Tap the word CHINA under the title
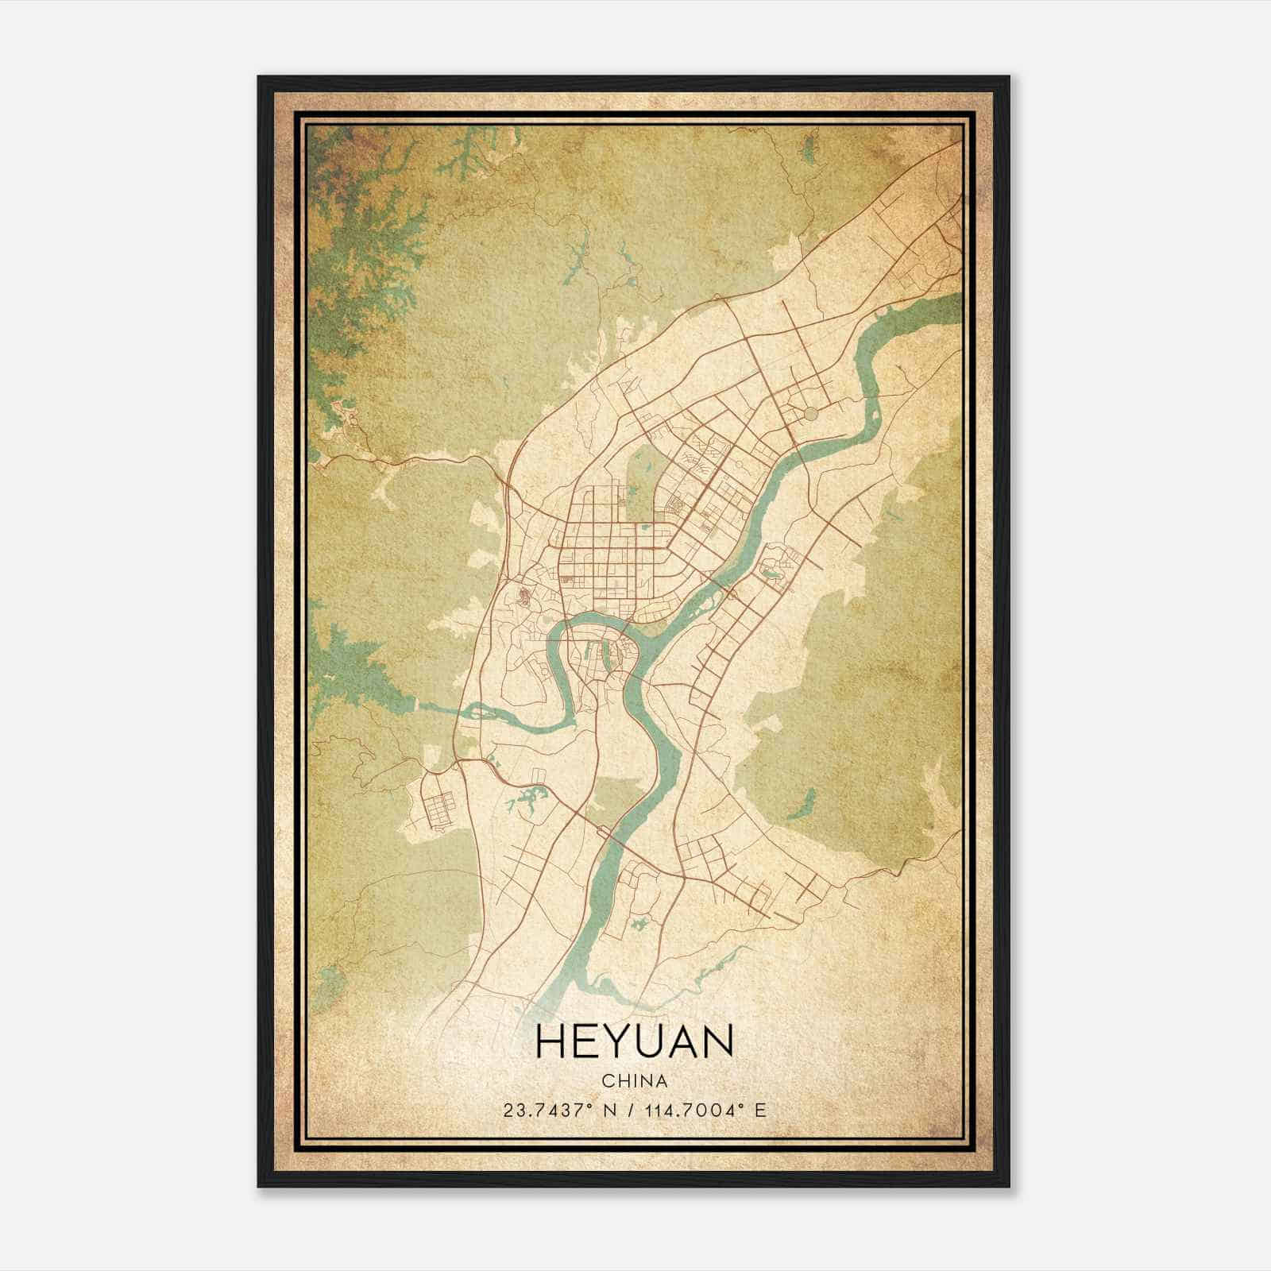click(634, 1081)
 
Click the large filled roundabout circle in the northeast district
click(809, 413)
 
